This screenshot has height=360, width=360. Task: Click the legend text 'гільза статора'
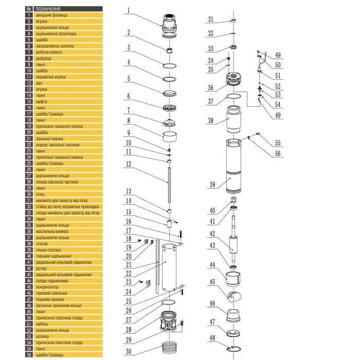point(49,249)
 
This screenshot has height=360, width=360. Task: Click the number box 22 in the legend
point(29,145)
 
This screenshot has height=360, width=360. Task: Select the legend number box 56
point(29,354)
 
